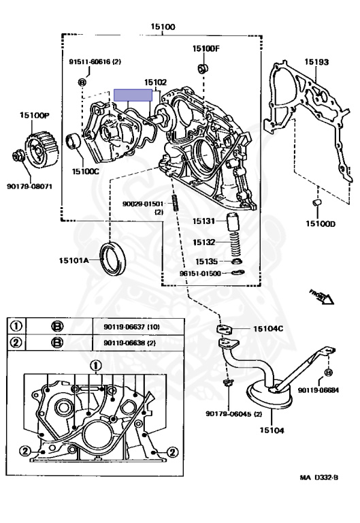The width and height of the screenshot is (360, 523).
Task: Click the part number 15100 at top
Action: [x=163, y=27]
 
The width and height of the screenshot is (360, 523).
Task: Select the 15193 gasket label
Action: [x=316, y=62]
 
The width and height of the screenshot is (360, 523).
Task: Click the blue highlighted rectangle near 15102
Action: [x=134, y=96]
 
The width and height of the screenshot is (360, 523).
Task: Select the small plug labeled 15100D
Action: [x=316, y=204]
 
